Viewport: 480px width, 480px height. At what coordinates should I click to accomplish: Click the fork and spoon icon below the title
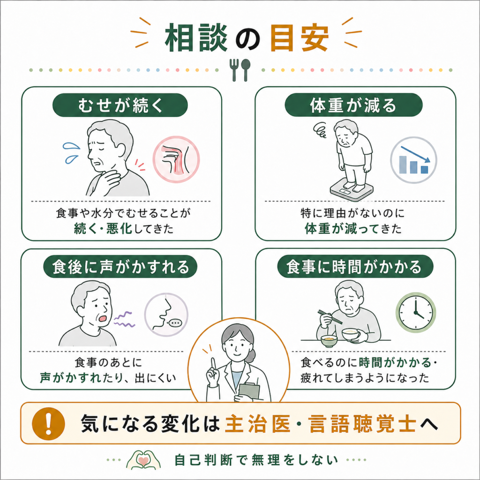click(240, 70)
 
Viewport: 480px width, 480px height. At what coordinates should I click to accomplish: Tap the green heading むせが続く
click(120, 105)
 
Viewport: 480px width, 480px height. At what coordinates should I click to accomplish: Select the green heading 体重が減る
click(353, 105)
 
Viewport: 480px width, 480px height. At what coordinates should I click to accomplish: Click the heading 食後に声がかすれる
click(120, 267)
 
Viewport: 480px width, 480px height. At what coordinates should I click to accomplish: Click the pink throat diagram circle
click(176, 159)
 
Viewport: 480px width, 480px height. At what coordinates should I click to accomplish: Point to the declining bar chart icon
click(413, 160)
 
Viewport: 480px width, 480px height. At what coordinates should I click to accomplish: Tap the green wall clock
click(416, 312)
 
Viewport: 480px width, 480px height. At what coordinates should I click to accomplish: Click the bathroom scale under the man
click(352, 190)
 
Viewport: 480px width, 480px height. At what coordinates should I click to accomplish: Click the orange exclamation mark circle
click(48, 423)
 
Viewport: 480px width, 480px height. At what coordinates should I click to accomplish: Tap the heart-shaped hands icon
click(143, 460)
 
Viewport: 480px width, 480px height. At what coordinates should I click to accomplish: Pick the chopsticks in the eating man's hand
click(330, 317)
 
